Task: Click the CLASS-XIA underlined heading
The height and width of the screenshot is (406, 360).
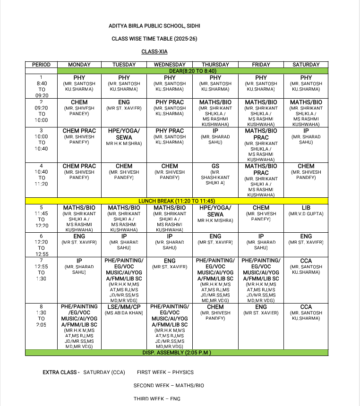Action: [x=154, y=51]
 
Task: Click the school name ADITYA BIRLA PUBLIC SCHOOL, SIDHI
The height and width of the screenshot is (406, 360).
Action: [x=154, y=26]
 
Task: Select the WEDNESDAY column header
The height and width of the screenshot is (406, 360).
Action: [x=170, y=65]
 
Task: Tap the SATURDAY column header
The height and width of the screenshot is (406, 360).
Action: [x=306, y=65]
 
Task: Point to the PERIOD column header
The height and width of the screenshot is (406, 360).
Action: [x=41, y=65]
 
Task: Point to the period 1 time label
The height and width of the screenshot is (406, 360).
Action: [x=41, y=86]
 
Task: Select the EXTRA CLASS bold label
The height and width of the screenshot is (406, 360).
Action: [x=61, y=372]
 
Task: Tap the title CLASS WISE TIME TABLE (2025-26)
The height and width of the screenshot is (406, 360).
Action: [x=154, y=39]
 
